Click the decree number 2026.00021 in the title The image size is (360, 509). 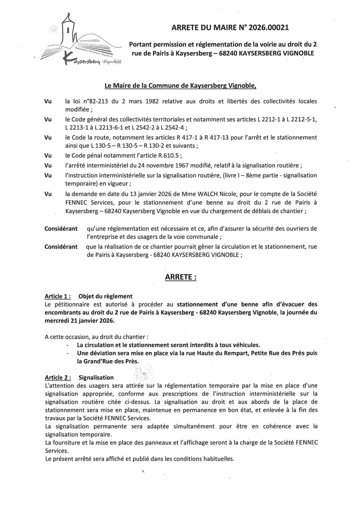pyautogui.click(x=269, y=28)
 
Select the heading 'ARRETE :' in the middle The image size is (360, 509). pyautogui.click(x=180, y=277)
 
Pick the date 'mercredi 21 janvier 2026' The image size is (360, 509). pyautogui.click(x=80, y=321)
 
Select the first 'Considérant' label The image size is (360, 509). pyautogui.click(x=61, y=228)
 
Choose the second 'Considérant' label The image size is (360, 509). pyautogui.click(x=61, y=246)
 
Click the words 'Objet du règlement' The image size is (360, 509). pyautogui.click(x=105, y=296)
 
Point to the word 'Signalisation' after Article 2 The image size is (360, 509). pyautogui.click(x=96, y=377)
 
